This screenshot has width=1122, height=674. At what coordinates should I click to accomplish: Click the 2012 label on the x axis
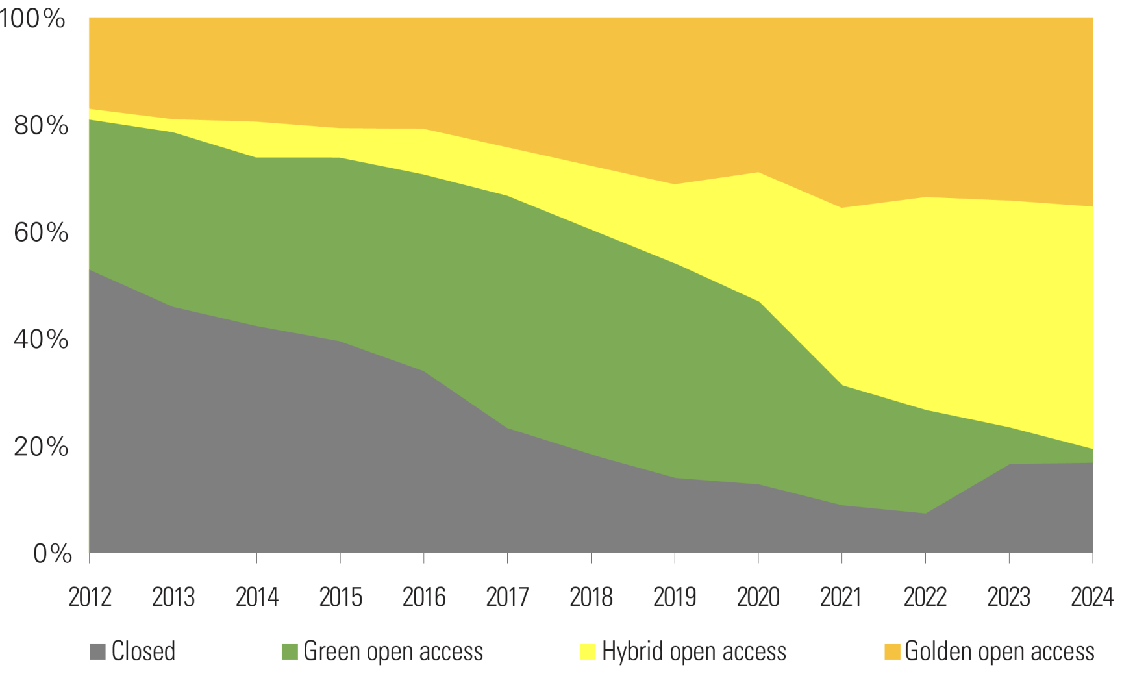pyautogui.click(x=90, y=597)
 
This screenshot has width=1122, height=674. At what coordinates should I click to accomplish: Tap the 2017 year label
pyautogui.click(x=507, y=597)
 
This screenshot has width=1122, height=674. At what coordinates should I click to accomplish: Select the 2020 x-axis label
pyautogui.click(x=758, y=597)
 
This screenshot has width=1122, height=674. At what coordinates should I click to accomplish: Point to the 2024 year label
pyautogui.click(x=1092, y=597)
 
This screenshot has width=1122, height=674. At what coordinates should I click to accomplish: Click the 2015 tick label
pyautogui.click(x=340, y=597)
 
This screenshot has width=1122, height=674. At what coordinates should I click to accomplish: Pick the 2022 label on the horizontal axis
pyautogui.click(x=925, y=597)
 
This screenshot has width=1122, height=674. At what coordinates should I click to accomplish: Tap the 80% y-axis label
pyautogui.click(x=40, y=125)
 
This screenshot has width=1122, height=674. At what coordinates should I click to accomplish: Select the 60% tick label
pyautogui.click(x=40, y=232)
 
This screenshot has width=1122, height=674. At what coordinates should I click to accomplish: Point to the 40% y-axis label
pyautogui.click(x=40, y=340)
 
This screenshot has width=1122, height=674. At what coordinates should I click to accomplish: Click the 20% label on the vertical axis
pyautogui.click(x=40, y=447)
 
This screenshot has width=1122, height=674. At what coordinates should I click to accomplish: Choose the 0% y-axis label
pyautogui.click(x=52, y=554)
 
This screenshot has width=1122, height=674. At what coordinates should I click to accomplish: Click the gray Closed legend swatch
pyautogui.click(x=97, y=652)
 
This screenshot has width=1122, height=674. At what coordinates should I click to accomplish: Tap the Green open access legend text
pyautogui.click(x=393, y=652)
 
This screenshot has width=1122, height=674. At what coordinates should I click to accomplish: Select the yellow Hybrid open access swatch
pyautogui.click(x=587, y=652)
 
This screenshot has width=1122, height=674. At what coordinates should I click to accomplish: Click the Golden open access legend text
pyautogui.click(x=999, y=652)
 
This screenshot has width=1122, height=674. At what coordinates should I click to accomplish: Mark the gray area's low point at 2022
pyautogui.click(x=925, y=514)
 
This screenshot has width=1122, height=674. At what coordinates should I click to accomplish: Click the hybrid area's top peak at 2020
pyautogui.click(x=758, y=173)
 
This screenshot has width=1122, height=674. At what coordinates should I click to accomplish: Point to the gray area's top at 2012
pyautogui.click(x=90, y=269)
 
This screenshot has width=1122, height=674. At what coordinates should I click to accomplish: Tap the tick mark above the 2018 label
pyautogui.click(x=591, y=558)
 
